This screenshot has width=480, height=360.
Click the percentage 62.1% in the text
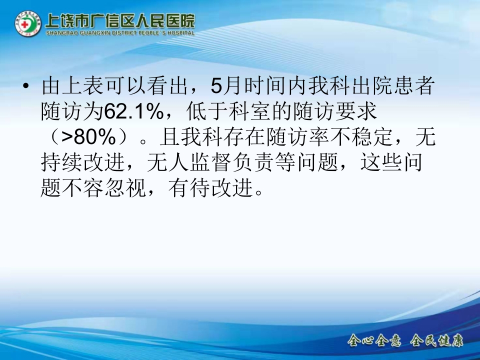(133, 112)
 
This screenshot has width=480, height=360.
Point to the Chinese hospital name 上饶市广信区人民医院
(120, 21)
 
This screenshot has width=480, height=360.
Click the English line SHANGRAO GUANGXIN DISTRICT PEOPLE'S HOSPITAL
(120, 33)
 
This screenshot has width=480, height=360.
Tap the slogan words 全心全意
(374, 341)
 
